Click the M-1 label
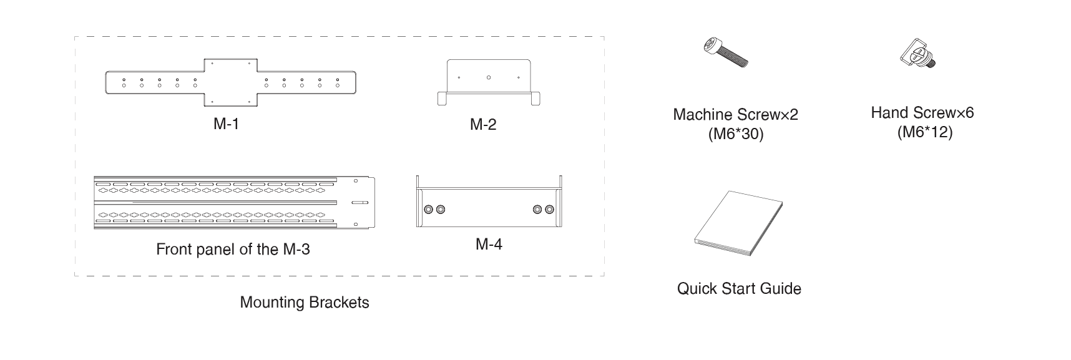[226, 124]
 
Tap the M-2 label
[483, 124]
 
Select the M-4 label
[489, 244]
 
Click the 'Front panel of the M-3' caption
[233, 250]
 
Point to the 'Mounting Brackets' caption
[305, 303]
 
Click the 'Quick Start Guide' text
[739, 289]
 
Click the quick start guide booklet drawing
[738, 225]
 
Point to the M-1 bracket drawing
[231, 82]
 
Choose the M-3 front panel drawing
[234, 202]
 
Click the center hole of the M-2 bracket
[489, 77]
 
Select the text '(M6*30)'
[736, 134]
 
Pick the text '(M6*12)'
[924, 132]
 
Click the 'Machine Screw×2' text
[735, 115]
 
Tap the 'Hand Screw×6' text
[922, 113]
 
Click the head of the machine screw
[712, 45]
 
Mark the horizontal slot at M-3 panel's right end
[359, 203]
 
